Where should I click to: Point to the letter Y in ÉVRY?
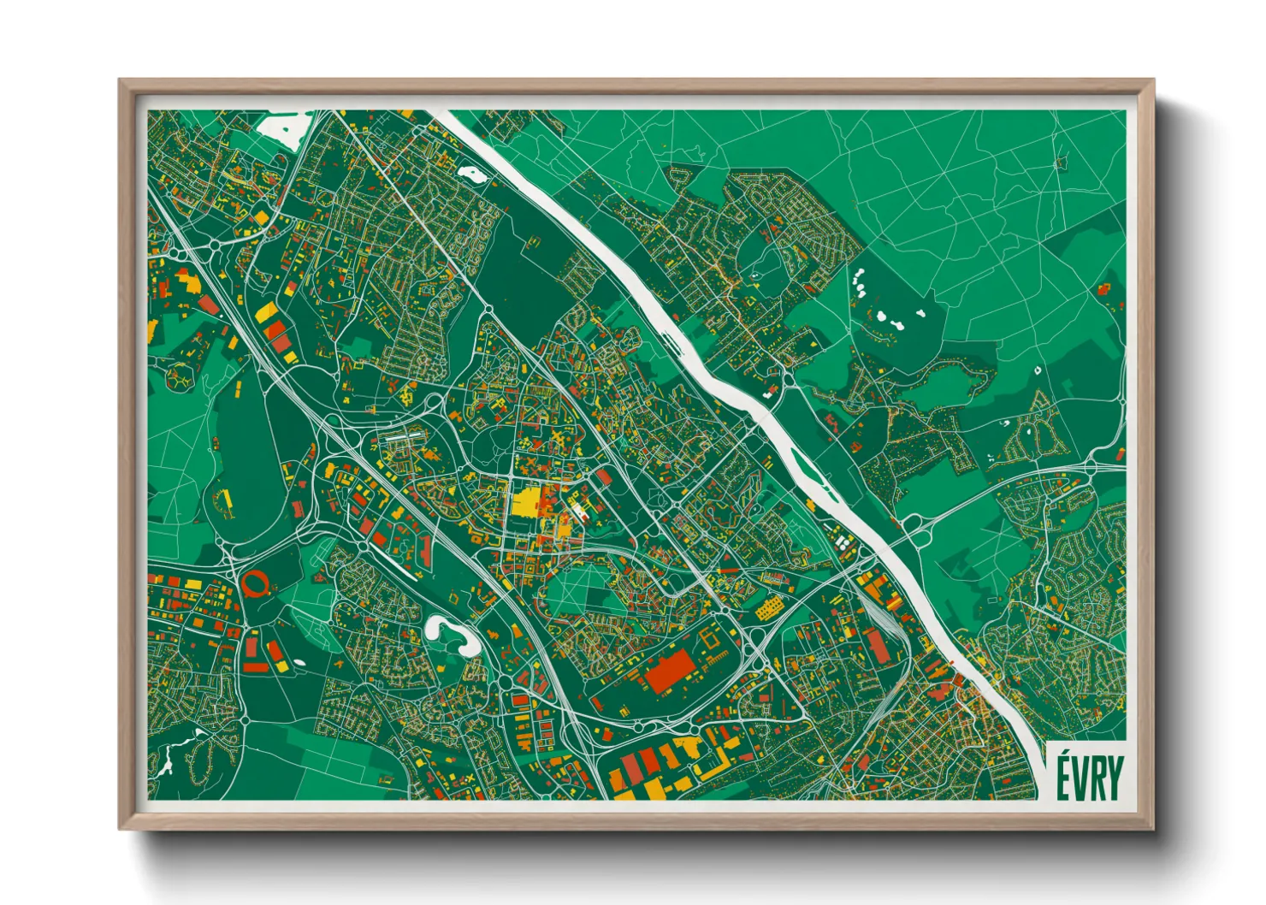click(x=1115, y=778)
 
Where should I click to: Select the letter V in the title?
click(x=1080, y=778)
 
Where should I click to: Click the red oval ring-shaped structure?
click(x=254, y=584)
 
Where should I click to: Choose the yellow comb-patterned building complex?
click(x=770, y=608)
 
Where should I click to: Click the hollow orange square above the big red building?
click(x=710, y=636)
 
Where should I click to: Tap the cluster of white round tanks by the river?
click(x=843, y=541)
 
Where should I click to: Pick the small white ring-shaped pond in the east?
click(x=1037, y=371)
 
